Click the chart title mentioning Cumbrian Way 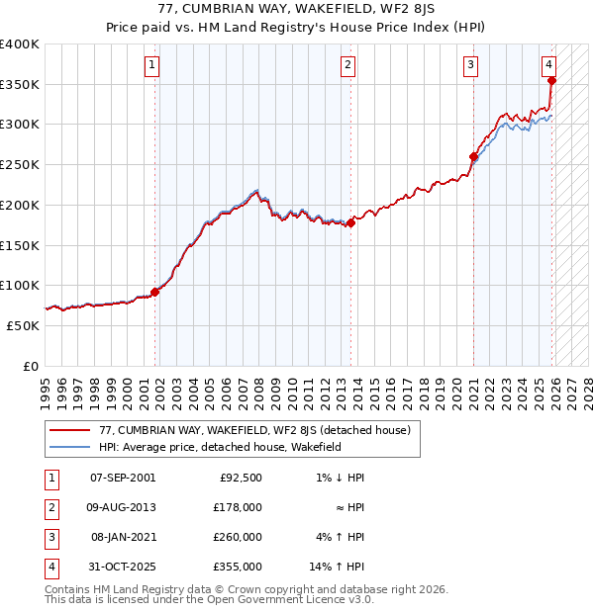pyautogui.click(x=296, y=11)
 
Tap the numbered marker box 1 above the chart pyautogui.click(x=152, y=65)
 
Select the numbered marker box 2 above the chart pyautogui.click(x=348, y=65)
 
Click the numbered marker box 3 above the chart pyautogui.click(x=470, y=65)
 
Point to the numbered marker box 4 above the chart pyautogui.click(x=548, y=65)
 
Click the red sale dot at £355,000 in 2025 pyautogui.click(x=552, y=81)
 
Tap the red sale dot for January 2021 pyautogui.click(x=473, y=156)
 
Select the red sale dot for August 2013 pyautogui.click(x=350, y=222)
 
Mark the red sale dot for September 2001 pyautogui.click(x=154, y=292)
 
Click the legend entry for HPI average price pyautogui.click(x=220, y=447)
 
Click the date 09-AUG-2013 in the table pyautogui.click(x=123, y=506)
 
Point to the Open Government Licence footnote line pyautogui.click(x=210, y=599)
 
